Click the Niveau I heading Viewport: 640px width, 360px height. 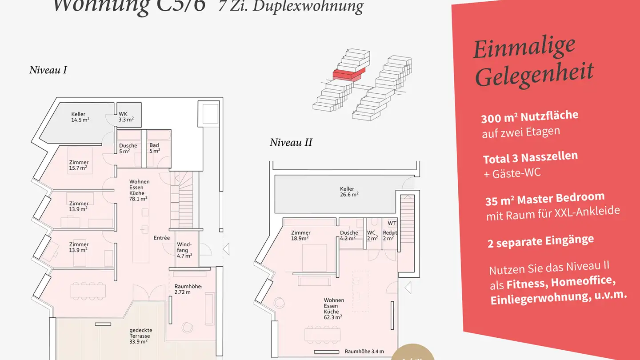(48, 70)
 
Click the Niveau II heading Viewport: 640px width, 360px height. (291, 143)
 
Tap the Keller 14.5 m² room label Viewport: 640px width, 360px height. (80, 117)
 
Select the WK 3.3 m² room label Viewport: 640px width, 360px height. (126, 117)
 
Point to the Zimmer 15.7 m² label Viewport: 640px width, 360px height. (79, 165)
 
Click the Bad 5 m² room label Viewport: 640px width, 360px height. (154, 148)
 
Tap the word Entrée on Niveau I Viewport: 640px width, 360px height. (162, 238)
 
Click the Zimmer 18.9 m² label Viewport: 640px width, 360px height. (300, 235)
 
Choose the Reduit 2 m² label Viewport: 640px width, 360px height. (390, 235)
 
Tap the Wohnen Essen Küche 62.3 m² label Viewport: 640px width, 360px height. (333, 308)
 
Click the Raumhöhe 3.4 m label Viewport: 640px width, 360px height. (364, 351)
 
